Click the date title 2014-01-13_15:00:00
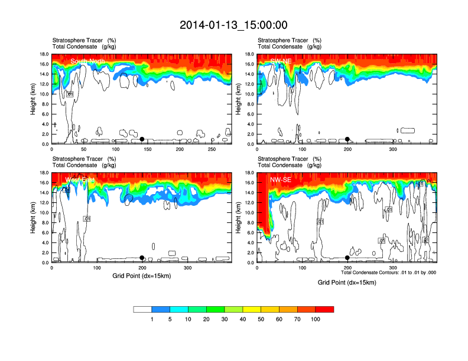point(233,25)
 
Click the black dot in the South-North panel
point(142,139)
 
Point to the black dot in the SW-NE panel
point(347,139)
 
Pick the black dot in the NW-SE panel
point(347,258)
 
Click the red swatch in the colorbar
point(324,309)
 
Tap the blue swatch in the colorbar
point(161,309)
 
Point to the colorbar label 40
point(243,319)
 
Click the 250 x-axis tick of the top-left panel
point(212,150)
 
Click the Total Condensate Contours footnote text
point(389,273)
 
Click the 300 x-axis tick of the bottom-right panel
point(393,268)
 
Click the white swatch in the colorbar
point(142,309)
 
